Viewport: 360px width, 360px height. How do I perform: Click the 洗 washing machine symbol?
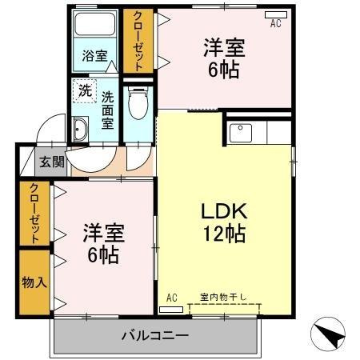[83, 90]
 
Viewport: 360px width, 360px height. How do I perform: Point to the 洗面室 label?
[107, 110]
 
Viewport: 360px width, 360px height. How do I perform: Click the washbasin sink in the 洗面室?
[80, 130]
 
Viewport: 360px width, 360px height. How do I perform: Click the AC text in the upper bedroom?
[275, 24]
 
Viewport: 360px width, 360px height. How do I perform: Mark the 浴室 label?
[95, 56]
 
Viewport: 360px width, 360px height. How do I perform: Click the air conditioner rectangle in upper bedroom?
[274, 14]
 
